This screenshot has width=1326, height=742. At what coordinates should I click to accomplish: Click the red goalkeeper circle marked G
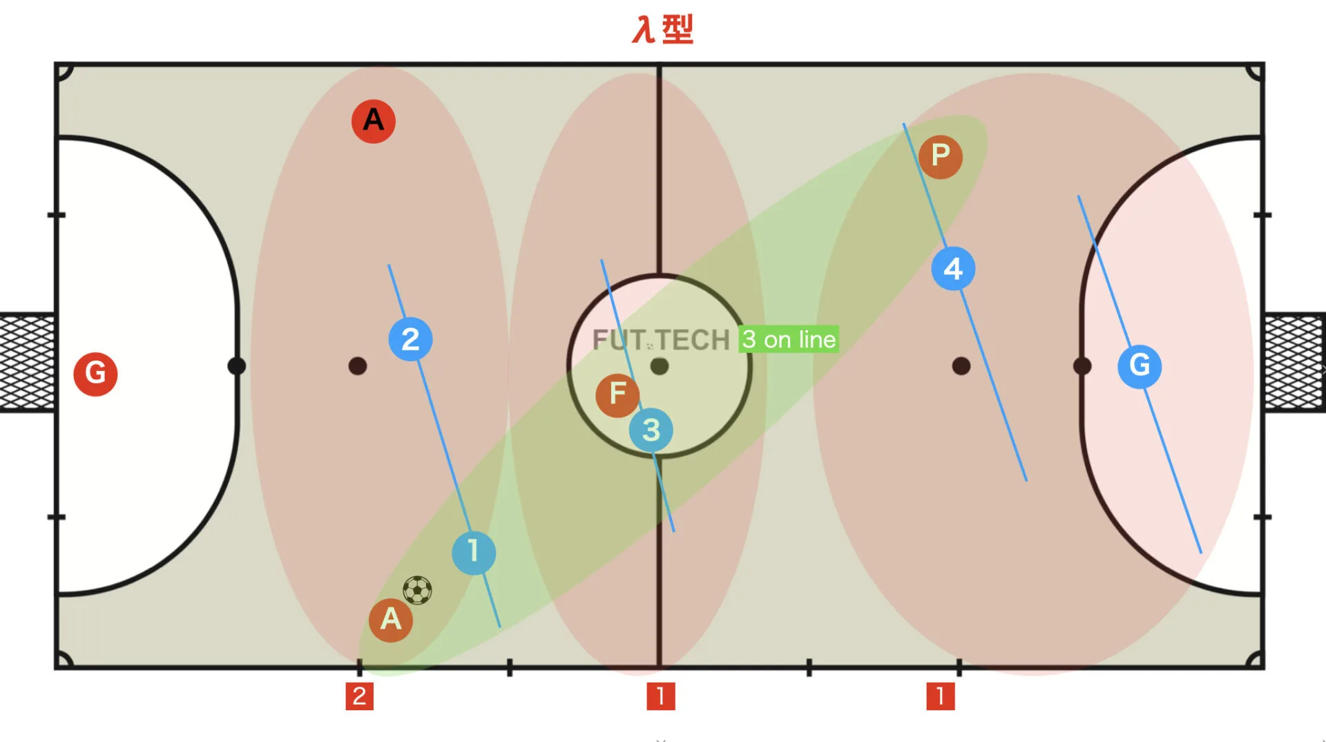click(x=95, y=374)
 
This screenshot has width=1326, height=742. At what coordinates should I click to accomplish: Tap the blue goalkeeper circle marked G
click(x=1140, y=366)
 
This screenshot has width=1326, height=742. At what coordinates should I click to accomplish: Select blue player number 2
click(x=410, y=339)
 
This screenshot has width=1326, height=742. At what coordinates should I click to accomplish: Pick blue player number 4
click(x=953, y=269)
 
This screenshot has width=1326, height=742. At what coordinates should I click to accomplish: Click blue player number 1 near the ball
click(x=474, y=553)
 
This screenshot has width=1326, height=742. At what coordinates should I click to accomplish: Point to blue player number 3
click(x=651, y=430)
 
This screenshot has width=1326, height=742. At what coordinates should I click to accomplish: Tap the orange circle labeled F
click(x=617, y=395)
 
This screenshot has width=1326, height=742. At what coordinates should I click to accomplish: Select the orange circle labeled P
click(x=941, y=157)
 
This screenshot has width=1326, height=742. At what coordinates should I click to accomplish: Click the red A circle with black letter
click(x=374, y=121)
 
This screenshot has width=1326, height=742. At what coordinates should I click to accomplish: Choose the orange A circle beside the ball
click(x=391, y=620)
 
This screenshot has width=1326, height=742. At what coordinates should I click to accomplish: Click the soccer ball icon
click(x=417, y=591)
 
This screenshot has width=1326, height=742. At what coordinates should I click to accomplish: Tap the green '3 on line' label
click(x=789, y=339)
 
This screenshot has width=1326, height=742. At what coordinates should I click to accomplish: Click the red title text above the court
click(x=663, y=30)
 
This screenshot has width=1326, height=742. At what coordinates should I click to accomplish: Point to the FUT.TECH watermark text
click(x=661, y=340)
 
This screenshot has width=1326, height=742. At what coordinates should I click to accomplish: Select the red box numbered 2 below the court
click(x=359, y=696)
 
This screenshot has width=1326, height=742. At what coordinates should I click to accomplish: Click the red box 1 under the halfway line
click(x=661, y=696)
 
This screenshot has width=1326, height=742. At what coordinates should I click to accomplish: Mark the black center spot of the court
click(x=660, y=366)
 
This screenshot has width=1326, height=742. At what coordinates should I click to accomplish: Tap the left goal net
click(x=27, y=363)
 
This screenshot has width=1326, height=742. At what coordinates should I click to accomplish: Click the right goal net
click(x=1295, y=363)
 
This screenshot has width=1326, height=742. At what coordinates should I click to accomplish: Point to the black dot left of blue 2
click(x=358, y=366)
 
